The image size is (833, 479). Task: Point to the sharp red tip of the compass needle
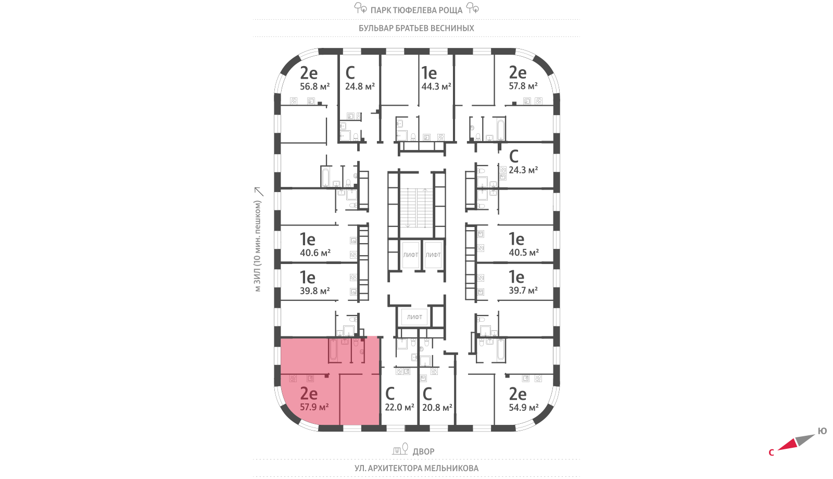point(777,449)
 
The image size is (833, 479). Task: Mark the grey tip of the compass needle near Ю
point(815,434)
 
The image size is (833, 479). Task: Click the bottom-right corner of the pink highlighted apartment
point(380,425)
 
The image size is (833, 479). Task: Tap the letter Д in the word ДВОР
point(416,451)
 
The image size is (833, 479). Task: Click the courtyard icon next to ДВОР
point(400,449)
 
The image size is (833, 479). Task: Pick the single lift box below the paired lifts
point(414,317)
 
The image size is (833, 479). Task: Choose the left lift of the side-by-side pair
point(411,255)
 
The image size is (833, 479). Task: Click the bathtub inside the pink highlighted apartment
point(333,350)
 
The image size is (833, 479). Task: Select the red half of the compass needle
point(787,445)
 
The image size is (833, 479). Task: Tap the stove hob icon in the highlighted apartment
point(293,379)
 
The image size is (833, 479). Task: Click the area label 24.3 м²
point(523,170)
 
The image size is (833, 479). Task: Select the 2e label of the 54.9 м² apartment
point(518,394)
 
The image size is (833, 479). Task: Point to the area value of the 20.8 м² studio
point(437,408)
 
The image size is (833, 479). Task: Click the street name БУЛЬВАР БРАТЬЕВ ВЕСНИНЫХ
point(416,28)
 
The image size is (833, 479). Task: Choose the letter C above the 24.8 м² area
point(350,73)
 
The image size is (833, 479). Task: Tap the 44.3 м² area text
point(436,86)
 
